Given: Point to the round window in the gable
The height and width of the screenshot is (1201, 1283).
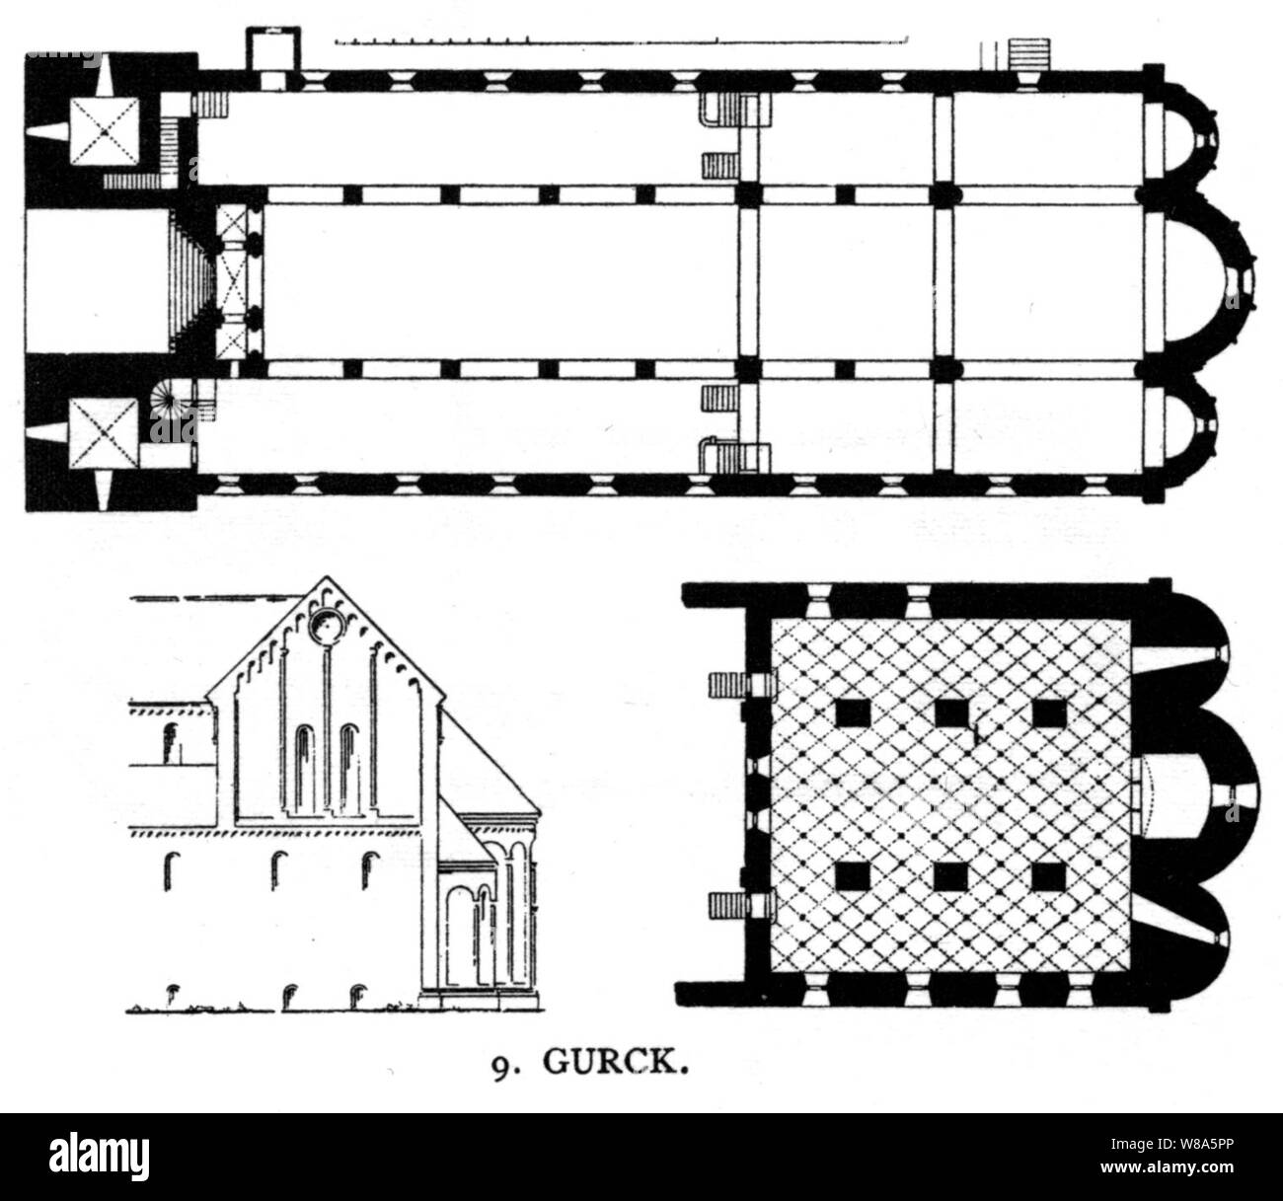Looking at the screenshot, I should pos(323,627).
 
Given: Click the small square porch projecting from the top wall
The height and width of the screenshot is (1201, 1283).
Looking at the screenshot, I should pos(265,48).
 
